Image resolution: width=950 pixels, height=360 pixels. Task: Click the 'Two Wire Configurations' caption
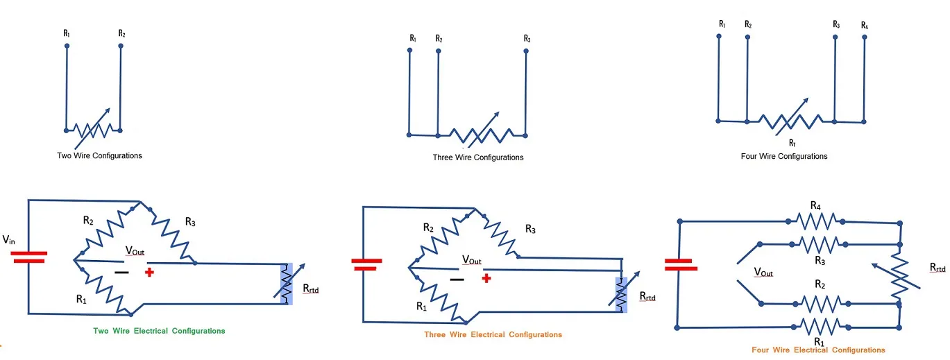(99, 155)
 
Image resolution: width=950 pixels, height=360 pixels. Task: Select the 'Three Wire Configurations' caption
(478, 157)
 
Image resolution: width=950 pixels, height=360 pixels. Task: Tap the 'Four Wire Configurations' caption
(784, 156)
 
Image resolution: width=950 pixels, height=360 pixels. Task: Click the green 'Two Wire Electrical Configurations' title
(159, 331)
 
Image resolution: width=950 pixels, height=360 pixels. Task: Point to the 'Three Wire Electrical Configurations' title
(493, 334)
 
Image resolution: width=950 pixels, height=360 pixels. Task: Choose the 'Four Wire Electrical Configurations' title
(818, 350)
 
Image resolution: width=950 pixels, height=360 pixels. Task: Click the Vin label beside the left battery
(10, 239)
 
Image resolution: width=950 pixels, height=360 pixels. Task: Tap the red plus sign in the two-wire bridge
(149, 273)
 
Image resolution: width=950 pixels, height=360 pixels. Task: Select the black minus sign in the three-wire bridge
(456, 280)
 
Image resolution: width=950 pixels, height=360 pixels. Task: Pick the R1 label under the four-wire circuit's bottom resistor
(818, 341)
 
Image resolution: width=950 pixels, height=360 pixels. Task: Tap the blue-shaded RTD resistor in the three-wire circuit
(621, 295)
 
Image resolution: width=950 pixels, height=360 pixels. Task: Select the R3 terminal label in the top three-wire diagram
(527, 39)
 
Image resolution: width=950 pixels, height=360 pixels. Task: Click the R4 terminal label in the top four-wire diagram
(864, 26)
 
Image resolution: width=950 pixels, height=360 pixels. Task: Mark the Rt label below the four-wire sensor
(792, 142)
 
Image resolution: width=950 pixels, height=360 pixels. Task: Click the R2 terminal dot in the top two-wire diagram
(121, 46)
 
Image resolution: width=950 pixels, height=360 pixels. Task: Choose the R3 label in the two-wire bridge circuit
(189, 222)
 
